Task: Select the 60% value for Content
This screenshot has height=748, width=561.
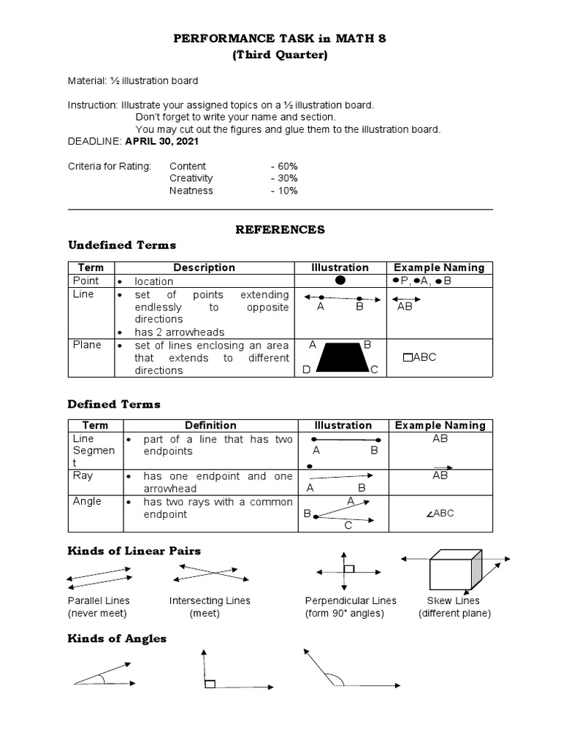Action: [x=283, y=167]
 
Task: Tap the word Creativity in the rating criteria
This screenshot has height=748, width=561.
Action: [x=191, y=178]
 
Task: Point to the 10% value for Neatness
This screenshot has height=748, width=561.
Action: [x=283, y=191]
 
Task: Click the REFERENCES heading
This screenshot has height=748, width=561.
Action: [x=280, y=229]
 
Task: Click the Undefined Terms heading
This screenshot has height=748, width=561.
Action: [x=122, y=245]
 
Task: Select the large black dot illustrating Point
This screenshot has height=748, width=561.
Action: [x=340, y=280]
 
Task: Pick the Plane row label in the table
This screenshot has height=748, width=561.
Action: [x=86, y=345]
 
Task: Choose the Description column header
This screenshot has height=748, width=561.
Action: [x=204, y=267]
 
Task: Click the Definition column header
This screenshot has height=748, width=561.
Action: [x=210, y=425]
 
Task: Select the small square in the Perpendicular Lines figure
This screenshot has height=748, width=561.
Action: [x=349, y=568]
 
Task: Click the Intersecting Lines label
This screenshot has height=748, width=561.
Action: [x=210, y=600]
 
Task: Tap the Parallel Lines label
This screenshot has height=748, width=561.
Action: [x=98, y=600]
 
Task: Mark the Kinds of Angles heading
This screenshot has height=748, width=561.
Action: [x=117, y=638]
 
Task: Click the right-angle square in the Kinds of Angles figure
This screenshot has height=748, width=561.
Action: [x=210, y=684]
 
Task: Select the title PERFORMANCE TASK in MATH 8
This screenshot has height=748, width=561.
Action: [x=280, y=39]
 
